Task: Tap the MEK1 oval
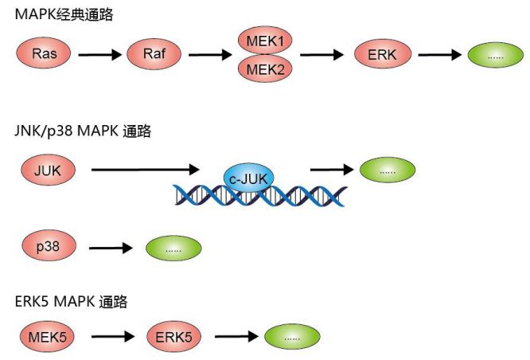tap(265, 39)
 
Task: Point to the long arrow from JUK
tap(144, 170)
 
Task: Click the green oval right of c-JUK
tap(388, 170)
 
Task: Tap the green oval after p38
tap(173, 248)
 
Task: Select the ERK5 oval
tap(173, 335)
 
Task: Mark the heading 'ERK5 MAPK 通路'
tap(72, 300)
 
